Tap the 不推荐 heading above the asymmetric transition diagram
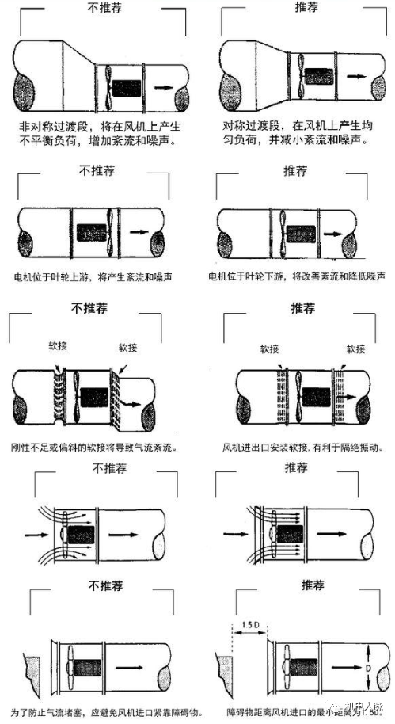101,8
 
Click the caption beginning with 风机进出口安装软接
297,447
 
